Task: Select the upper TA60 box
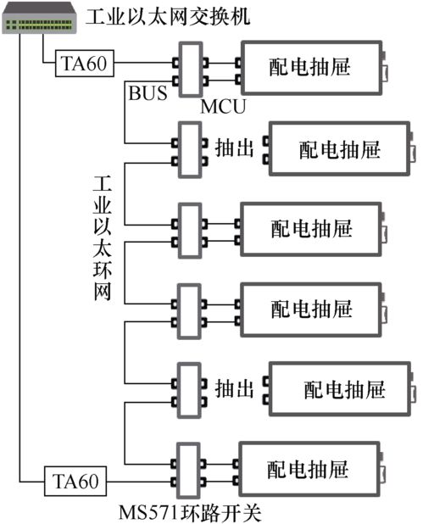(83, 63)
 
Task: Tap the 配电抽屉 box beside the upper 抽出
(339, 148)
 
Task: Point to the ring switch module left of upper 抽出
(191, 148)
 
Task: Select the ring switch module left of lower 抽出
(191, 388)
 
